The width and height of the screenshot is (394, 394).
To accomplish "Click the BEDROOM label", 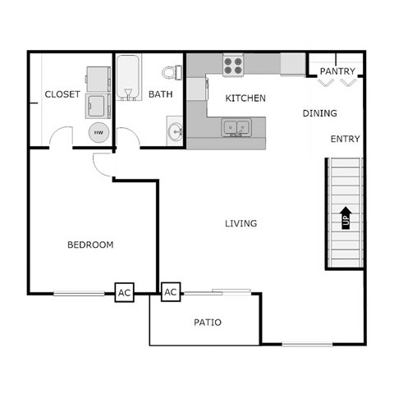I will [x=90, y=245].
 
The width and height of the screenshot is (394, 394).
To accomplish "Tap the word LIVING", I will [x=241, y=223].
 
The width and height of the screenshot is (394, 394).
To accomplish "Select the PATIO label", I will [x=207, y=323].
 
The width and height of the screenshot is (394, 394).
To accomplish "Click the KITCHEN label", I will [x=245, y=98].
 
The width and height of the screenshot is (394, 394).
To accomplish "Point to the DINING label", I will [x=320, y=113].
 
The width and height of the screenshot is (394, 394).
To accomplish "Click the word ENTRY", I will [x=346, y=140].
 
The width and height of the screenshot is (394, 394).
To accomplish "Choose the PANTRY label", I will [x=337, y=71].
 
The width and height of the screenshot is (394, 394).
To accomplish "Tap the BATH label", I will [x=160, y=94].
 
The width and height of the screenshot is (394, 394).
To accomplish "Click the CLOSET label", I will [x=62, y=94].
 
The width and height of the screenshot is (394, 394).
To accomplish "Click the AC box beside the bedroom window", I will [x=124, y=292].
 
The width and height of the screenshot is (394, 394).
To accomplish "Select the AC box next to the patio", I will [x=171, y=292].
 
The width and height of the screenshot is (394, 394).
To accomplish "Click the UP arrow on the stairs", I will [x=346, y=217].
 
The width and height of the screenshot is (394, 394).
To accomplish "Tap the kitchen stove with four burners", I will [x=233, y=62].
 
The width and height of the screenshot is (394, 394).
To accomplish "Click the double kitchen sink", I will [x=236, y=127].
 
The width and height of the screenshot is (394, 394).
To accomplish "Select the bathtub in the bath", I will [x=129, y=77].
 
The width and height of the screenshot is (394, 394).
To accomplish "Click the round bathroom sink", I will [x=175, y=131].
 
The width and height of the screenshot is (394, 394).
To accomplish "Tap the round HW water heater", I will [x=98, y=131].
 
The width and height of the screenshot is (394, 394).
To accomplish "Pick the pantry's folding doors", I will [x=337, y=81].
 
